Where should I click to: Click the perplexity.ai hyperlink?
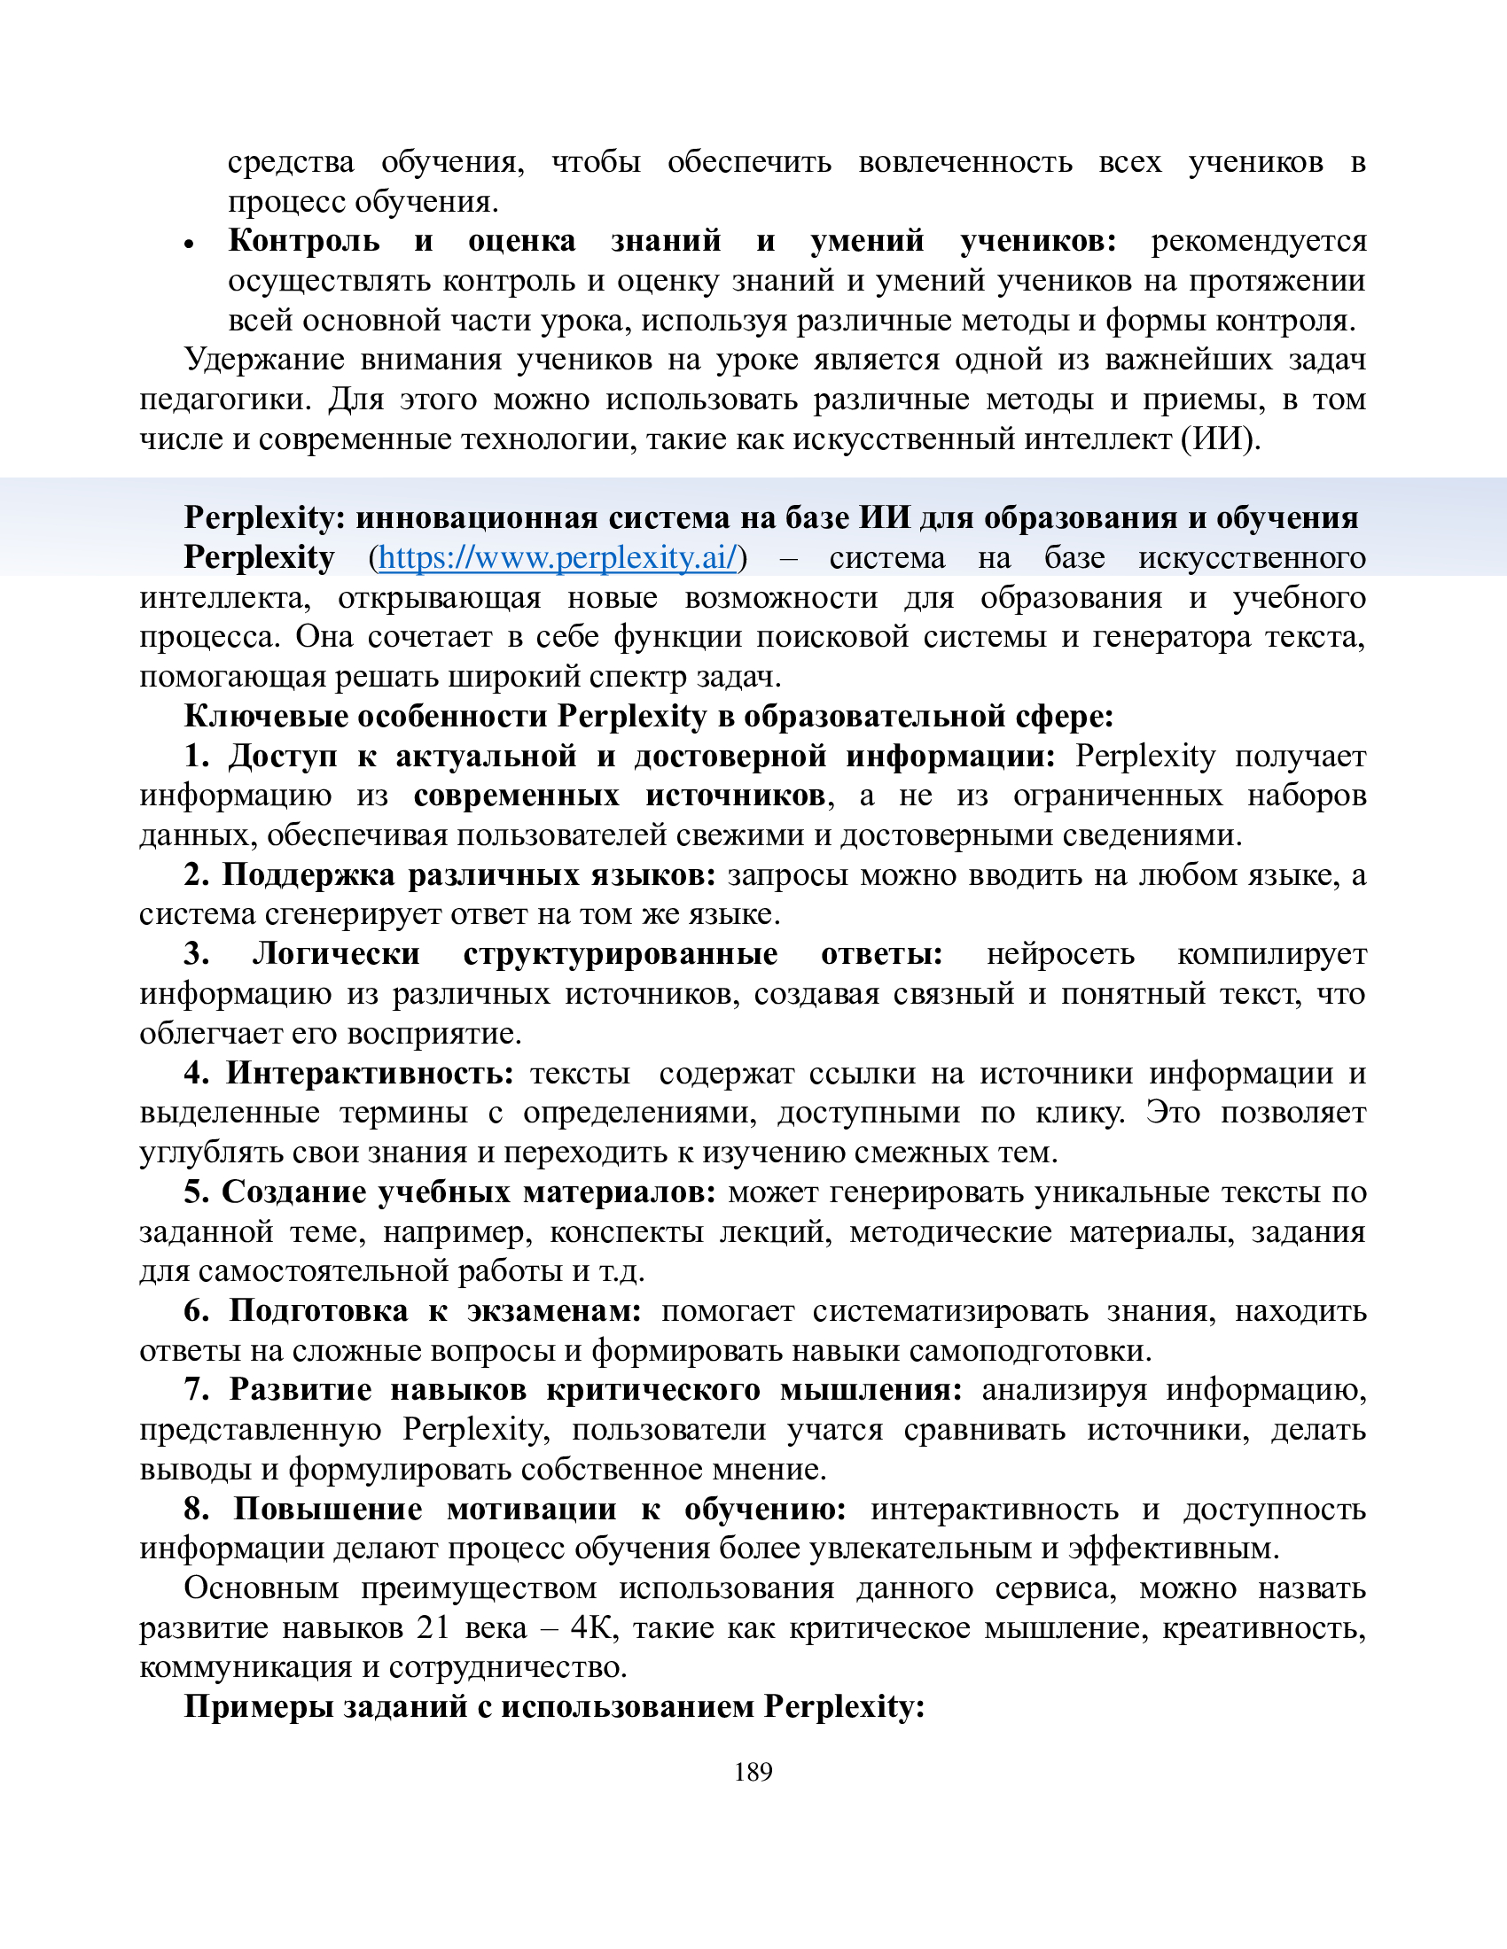click(558, 558)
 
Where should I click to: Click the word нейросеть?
click(1059, 954)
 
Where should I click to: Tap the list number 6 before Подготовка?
click(196, 1311)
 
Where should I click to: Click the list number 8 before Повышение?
click(196, 1509)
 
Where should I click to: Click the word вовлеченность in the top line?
click(964, 162)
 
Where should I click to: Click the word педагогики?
click(224, 399)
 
